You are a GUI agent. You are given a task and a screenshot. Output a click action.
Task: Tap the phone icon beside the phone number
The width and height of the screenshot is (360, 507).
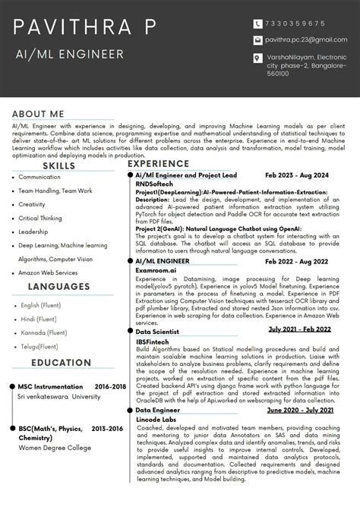click(258, 24)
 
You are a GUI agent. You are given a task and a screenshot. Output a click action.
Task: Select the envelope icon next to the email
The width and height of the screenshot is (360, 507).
click(258, 39)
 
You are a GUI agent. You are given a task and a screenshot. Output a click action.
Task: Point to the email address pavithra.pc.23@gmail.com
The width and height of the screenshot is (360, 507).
click(306, 39)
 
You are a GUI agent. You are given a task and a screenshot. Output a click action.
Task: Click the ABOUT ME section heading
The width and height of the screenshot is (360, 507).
click(43, 112)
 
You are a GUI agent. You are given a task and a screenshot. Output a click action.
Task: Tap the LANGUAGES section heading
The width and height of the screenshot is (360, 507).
click(58, 286)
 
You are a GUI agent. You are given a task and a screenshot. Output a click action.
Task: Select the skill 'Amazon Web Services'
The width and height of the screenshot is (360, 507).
click(48, 272)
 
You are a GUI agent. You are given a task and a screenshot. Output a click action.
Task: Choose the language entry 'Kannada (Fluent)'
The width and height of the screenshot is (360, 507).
click(44, 332)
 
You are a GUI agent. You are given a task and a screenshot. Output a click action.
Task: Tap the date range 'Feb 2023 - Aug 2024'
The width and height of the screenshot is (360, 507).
click(297, 175)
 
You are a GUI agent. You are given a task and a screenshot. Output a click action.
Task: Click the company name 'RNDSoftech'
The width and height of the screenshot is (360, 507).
click(154, 184)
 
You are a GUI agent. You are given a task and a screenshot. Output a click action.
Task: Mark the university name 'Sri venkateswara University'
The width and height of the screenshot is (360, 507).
click(59, 395)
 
